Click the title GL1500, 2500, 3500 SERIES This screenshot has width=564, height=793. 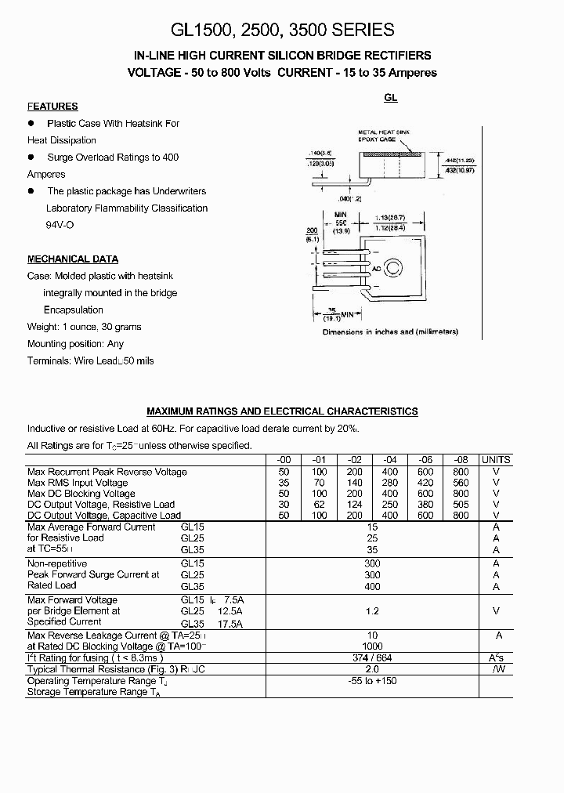pos(282,30)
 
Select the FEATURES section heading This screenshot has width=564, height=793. pos(52,107)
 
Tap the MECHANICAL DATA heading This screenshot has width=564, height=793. pos(73,259)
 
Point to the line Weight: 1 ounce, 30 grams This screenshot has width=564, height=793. pos(85,327)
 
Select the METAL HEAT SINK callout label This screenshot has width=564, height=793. pos(384,132)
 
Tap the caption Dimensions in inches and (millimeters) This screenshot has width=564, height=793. pos(390,332)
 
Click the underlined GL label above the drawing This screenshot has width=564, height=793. pos(390,99)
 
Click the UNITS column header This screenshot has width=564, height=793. pos(495,460)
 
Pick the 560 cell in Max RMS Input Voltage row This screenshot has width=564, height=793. pos(461,483)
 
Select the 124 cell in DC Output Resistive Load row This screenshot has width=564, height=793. pos(355,505)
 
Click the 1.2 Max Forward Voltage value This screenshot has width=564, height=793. pos(372,610)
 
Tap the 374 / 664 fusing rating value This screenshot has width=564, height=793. pos(372,658)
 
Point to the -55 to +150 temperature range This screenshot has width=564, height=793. pos(372,681)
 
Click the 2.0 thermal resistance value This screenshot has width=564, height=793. pos(372,669)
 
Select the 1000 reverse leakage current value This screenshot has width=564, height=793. pos(372,646)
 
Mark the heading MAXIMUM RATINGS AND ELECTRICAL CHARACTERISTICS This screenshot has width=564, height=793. pos(282,411)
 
